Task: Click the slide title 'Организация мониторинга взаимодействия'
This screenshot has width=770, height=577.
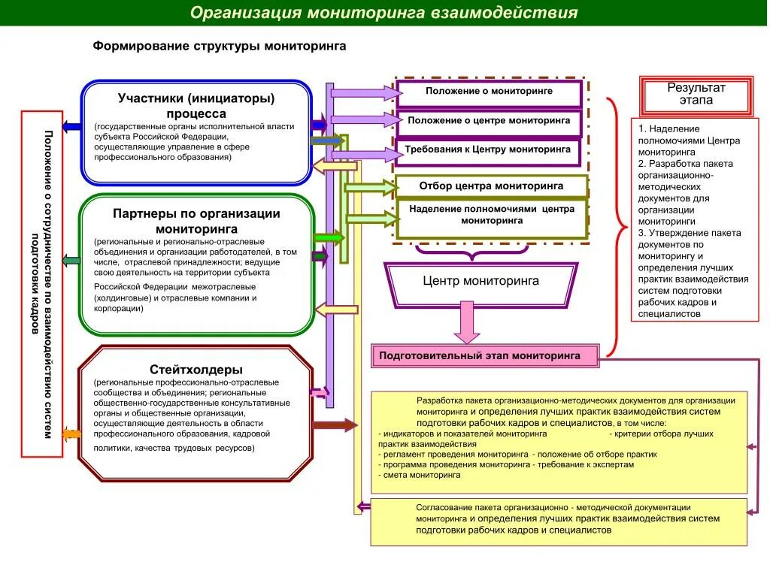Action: click(x=383, y=13)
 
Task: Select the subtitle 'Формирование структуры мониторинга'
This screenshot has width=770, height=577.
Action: click(x=220, y=47)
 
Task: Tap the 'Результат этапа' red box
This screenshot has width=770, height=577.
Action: click(x=696, y=95)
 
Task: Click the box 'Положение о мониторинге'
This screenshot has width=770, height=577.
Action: click(x=489, y=92)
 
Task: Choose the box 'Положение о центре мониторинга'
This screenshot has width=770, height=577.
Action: click(x=489, y=120)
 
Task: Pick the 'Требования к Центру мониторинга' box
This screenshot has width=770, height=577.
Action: click(x=489, y=150)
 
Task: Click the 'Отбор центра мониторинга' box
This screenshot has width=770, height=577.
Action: click(x=491, y=186)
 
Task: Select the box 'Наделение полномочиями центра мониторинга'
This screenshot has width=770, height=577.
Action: click(x=491, y=216)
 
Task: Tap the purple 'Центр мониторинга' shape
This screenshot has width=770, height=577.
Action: click(x=480, y=282)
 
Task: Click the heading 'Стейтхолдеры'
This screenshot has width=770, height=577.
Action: click(x=196, y=370)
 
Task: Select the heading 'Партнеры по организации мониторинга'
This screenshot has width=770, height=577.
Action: click(x=196, y=221)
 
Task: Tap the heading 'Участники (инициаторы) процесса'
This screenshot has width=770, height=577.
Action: click(x=196, y=105)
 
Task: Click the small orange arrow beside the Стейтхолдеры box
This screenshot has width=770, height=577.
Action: click(x=71, y=434)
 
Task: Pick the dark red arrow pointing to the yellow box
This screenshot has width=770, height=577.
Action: click(x=335, y=425)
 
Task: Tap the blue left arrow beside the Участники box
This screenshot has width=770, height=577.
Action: click(x=71, y=127)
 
